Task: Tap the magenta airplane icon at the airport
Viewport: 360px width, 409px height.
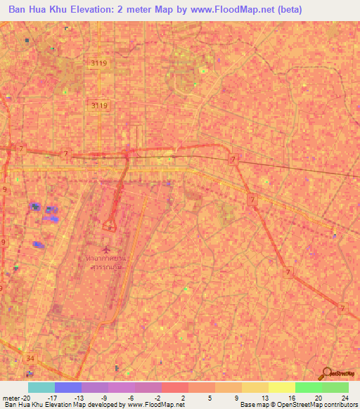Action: click(x=106, y=249)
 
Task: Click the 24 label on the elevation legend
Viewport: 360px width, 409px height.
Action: click(x=345, y=397)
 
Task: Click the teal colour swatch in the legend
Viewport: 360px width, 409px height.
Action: click(x=41, y=387)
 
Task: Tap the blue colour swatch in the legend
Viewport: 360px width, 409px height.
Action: click(x=68, y=387)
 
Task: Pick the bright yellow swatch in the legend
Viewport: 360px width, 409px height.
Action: click(x=282, y=387)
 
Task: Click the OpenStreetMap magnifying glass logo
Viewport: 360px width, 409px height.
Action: click(x=326, y=373)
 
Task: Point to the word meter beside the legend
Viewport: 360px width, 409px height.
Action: click(x=11, y=397)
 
